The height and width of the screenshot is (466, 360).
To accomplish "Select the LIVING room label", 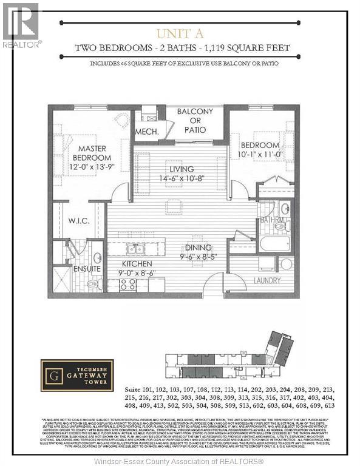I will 182,169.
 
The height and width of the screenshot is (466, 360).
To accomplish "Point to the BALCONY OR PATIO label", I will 195,121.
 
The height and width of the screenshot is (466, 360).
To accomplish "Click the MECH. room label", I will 148,131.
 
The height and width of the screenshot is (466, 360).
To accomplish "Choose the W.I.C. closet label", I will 80,221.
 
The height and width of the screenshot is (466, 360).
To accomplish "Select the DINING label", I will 199,247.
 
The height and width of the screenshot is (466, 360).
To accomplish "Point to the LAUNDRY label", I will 267,280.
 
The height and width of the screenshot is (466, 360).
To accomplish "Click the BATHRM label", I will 273,220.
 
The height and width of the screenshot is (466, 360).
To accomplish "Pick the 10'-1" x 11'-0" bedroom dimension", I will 260,155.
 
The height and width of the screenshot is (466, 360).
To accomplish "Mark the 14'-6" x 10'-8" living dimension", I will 182,178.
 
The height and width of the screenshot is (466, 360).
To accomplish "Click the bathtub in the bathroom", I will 275,244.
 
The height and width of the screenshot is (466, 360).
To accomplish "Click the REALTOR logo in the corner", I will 21,24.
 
